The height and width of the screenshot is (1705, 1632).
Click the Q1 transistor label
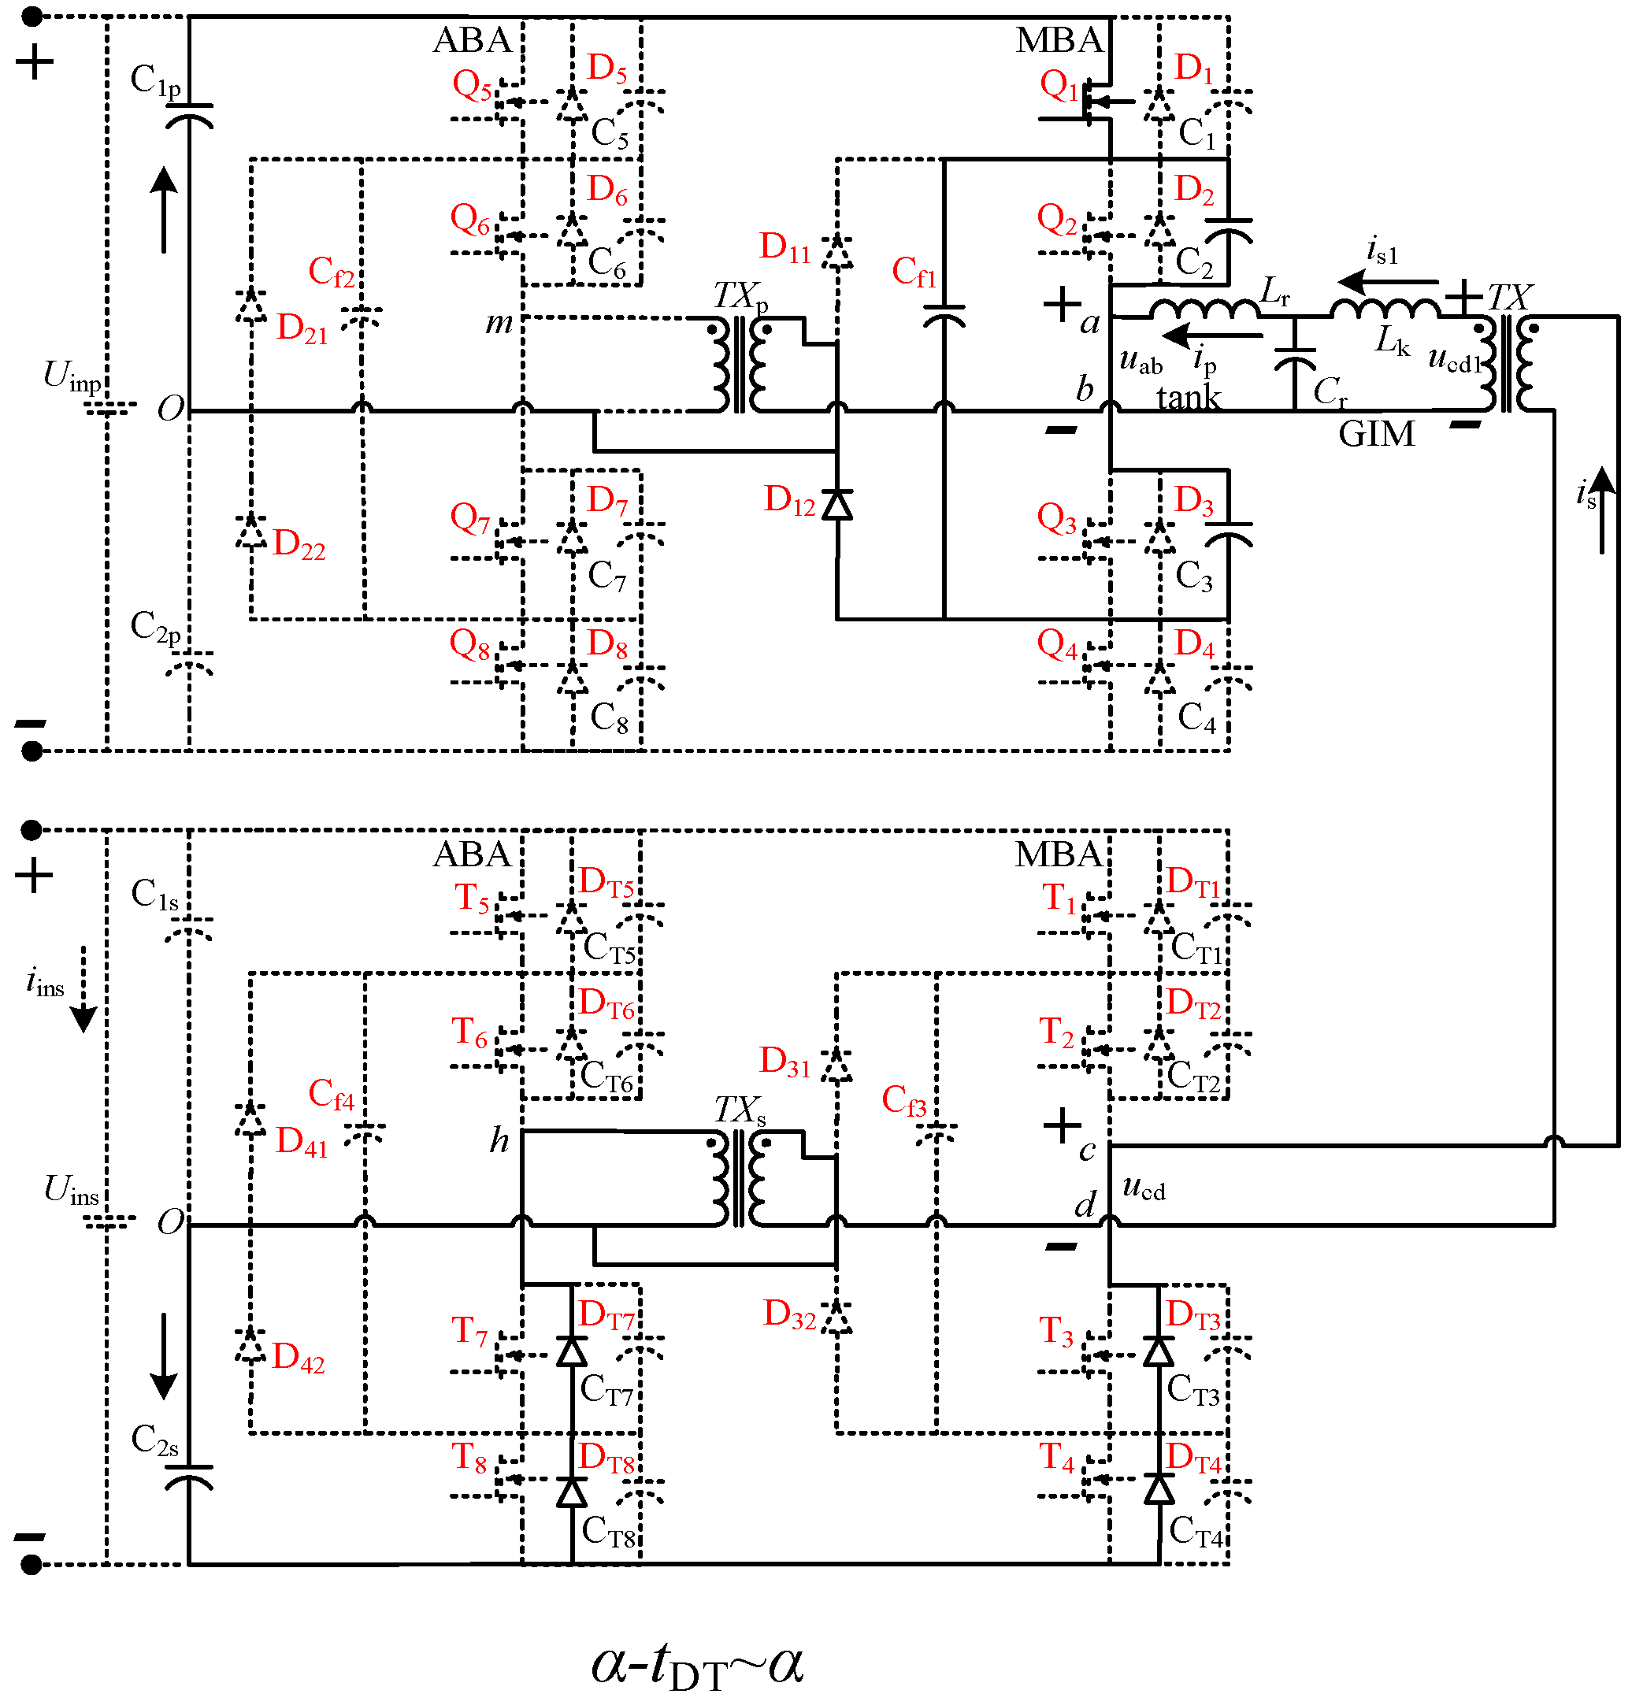(1059, 86)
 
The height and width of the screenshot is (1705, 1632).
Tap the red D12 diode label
(789, 500)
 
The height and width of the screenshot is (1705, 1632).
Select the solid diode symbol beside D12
(837, 505)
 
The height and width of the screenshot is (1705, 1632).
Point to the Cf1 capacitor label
(914, 272)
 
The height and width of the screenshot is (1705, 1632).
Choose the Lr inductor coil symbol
(1206, 309)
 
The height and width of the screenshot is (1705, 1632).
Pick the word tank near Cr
(1189, 398)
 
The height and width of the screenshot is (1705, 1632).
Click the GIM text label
(1376, 434)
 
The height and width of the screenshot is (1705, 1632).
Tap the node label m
(499, 323)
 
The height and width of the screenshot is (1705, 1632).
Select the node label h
(499, 1139)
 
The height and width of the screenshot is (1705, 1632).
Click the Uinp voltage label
(72, 376)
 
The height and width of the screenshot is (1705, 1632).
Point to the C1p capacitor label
(155, 81)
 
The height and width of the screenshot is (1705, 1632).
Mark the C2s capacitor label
(155, 1440)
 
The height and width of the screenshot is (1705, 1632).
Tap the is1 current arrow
(1387, 282)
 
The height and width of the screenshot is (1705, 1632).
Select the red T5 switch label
(472, 899)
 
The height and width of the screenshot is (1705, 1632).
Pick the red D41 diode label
(301, 1141)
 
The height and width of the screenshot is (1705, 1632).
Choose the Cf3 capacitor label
(904, 1100)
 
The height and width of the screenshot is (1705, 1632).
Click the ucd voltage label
(1143, 1187)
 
